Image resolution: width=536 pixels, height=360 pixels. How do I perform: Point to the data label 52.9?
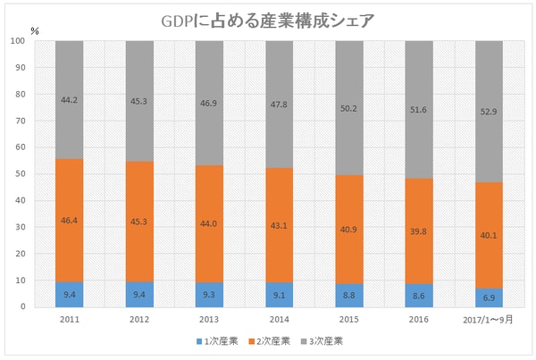pyautogui.click(x=489, y=111)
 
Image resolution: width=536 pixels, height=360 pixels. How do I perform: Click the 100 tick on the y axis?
pyautogui.click(x=16, y=41)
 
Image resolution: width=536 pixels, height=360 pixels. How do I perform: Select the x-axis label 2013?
pyautogui.click(x=208, y=319)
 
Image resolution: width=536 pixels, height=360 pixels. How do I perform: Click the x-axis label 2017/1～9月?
pyautogui.click(x=489, y=319)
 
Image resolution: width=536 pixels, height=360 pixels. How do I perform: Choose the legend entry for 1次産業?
pyautogui.click(x=211, y=340)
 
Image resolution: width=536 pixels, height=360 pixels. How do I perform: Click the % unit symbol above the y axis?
pyautogui.click(x=34, y=30)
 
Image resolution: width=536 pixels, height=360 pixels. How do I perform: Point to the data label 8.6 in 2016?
pyautogui.click(x=419, y=292)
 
